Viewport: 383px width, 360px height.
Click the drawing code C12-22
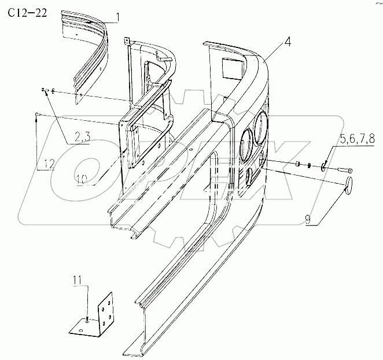tap(27, 13)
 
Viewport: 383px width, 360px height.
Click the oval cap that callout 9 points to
tap(349, 185)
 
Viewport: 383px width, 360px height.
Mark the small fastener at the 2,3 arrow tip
tap(45, 90)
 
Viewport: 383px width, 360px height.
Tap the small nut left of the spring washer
tap(297, 165)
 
